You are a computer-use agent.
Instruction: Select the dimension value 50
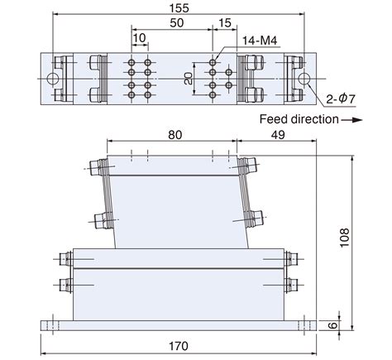click(176, 25)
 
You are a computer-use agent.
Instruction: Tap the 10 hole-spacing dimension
click(139, 38)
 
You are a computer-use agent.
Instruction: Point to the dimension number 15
click(224, 25)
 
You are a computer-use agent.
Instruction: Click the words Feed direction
click(298, 119)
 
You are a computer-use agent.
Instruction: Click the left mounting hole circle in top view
click(53, 79)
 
